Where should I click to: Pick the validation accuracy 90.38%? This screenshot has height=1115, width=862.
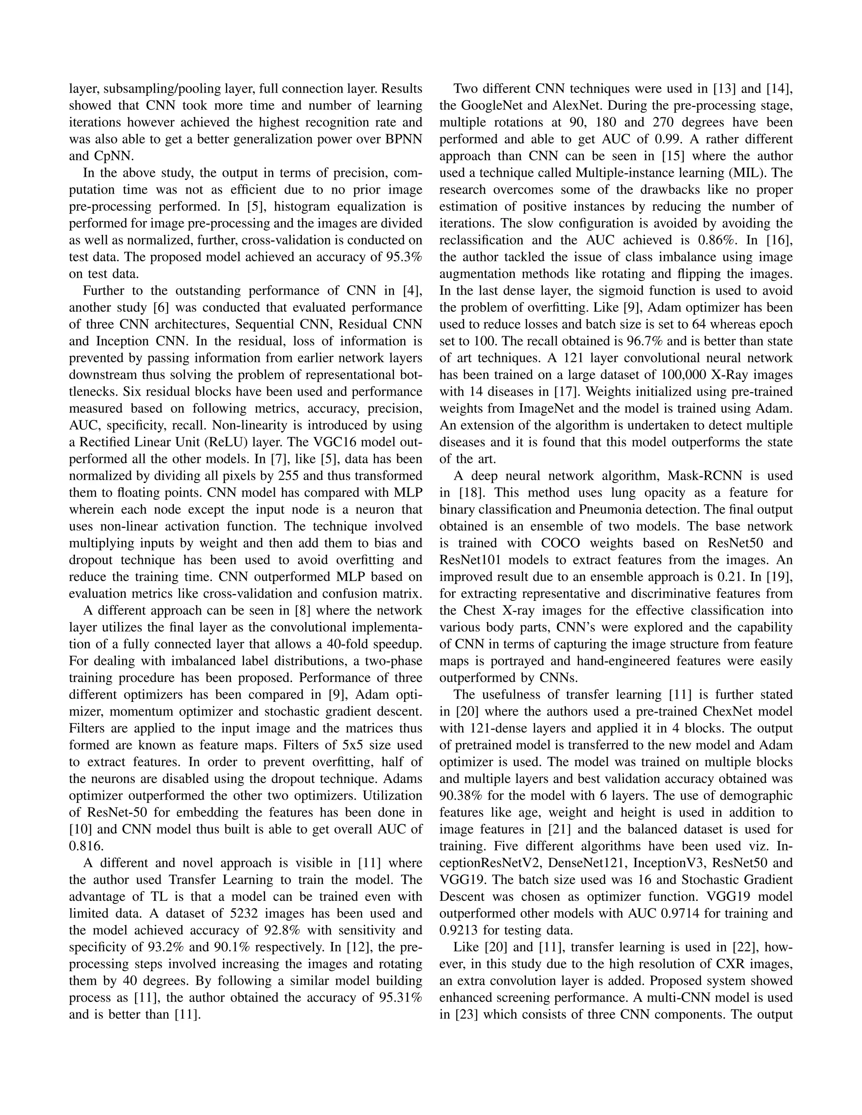pos(460,795)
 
